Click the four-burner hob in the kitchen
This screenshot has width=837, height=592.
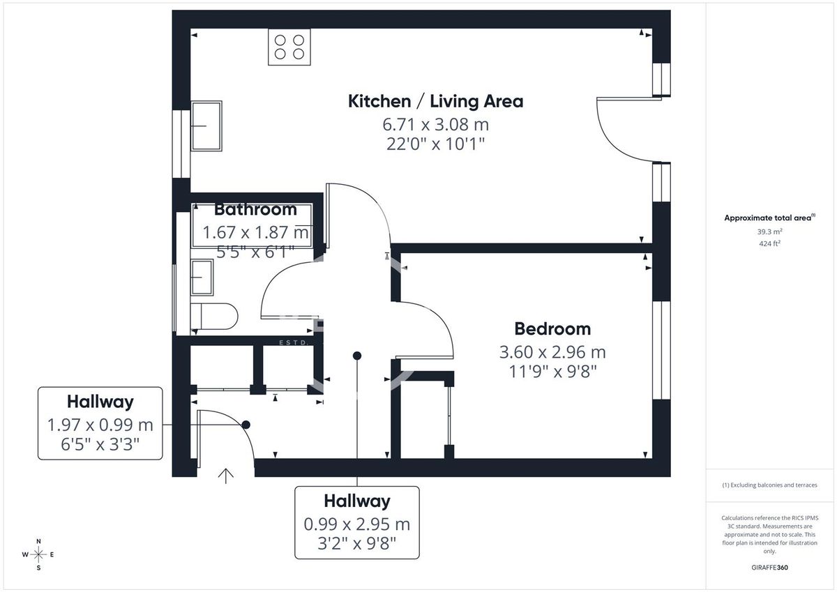coord(289,47)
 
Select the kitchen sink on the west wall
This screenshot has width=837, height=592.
coord(206,126)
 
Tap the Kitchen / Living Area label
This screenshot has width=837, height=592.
coord(435,101)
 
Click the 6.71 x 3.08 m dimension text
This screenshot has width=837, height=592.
coord(435,125)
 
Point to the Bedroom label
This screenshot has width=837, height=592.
coord(552,328)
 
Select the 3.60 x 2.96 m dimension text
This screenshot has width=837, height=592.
coord(552,352)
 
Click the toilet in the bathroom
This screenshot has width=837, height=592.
coord(216,316)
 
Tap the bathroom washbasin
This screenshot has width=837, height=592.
coord(202,277)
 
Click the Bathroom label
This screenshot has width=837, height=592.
coord(255,209)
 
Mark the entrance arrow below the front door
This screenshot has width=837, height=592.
coord(225,476)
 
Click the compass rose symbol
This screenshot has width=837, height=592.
coord(39,554)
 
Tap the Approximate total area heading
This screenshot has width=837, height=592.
coord(769,218)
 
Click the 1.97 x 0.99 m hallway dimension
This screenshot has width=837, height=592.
coord(100,425)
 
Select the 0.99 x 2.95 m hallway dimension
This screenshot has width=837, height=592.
coord(357,524)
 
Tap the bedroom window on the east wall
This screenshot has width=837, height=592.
coord(661,350)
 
